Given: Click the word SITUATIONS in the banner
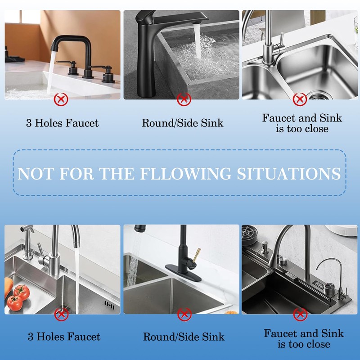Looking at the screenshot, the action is (288, 174).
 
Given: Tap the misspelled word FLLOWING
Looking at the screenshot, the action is (185, 174).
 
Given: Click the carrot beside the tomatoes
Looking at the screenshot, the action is (8, 287).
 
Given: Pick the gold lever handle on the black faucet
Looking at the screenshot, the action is (197, 255).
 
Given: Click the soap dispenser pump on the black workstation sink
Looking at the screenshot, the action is (265, 247).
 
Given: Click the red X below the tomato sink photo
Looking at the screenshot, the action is (61, 314).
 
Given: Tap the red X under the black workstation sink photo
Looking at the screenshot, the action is (300, 314).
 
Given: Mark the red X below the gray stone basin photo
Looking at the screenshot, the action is (184, 99).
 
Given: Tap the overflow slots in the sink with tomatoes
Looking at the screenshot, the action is (109, 305).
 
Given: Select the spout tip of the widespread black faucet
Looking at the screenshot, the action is (54, 48).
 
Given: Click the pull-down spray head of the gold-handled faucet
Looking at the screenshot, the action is (140, 229).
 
